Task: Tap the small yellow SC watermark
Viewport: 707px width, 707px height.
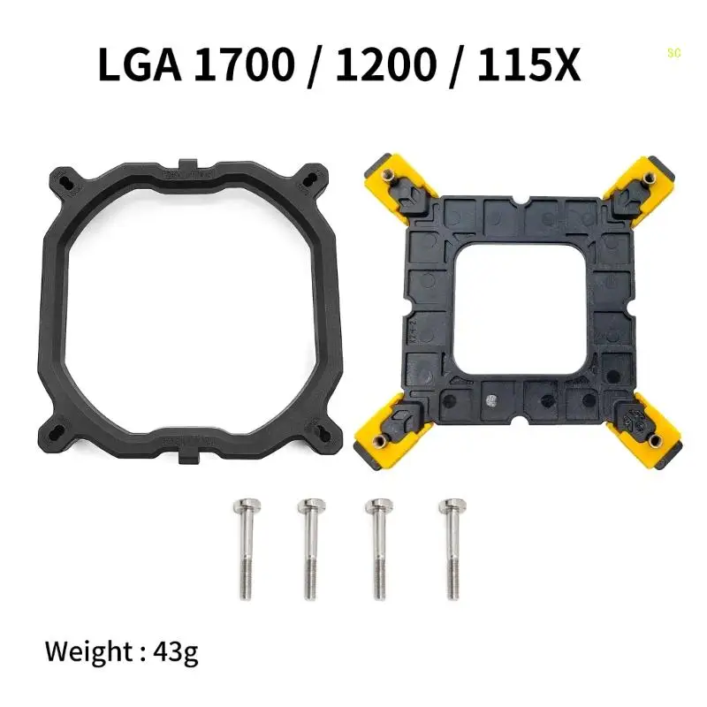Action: (674, 53)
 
